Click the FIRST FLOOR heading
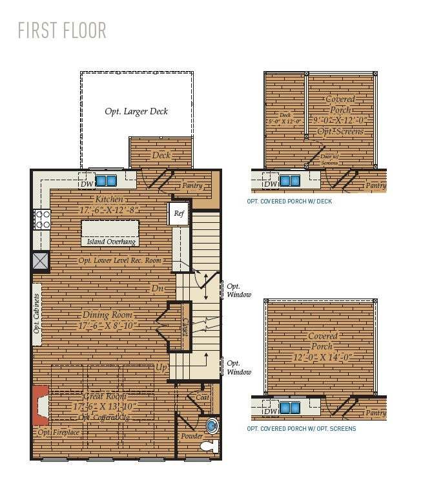point(62,30)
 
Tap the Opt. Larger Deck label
point(136,111)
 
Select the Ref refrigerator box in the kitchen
point(179,214)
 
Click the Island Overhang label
point(110,242)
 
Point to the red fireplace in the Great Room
point(40,405)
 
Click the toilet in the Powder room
point(208,445)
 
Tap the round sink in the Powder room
point(211,426)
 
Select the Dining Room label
point(107,315)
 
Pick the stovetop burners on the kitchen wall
point(42,220)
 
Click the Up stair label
point(161,367)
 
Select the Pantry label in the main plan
point(192,185)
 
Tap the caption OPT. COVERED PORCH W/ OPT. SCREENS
point(301,428)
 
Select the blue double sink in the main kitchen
point(106,180)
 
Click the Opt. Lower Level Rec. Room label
point(120,260)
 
